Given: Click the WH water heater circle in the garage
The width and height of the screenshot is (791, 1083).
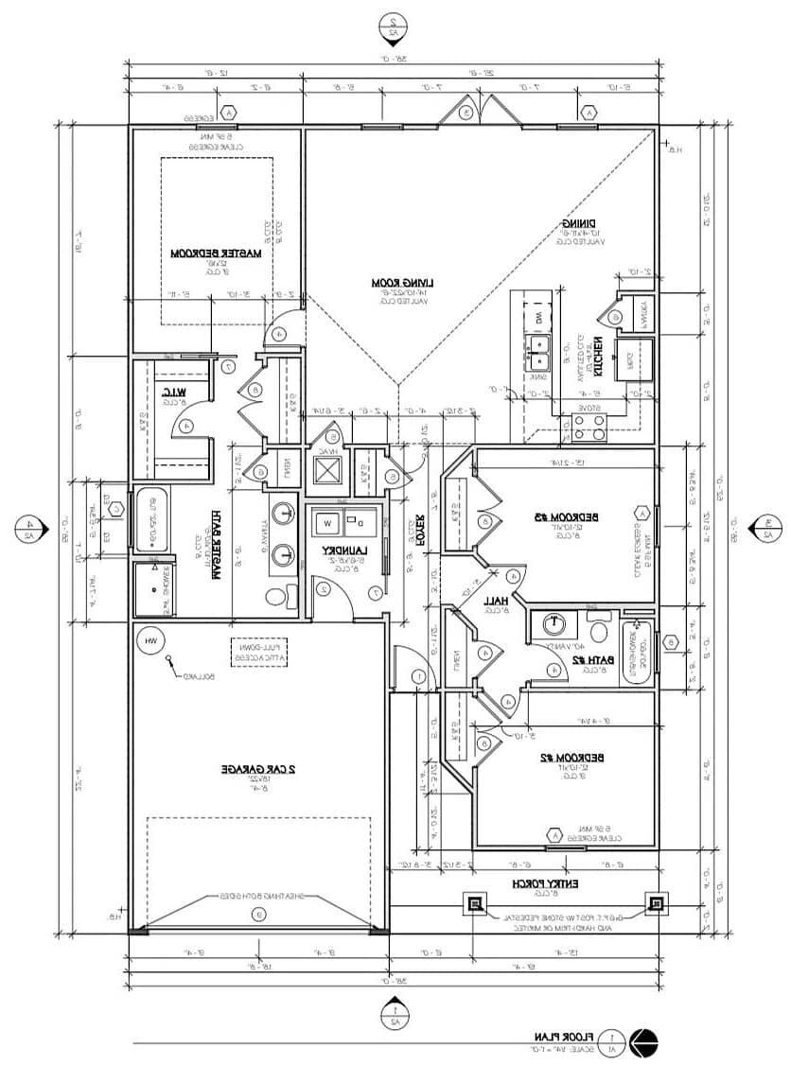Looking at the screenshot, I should tap(149, 640).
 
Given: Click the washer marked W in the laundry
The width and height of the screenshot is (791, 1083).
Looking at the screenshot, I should tap(328, 521).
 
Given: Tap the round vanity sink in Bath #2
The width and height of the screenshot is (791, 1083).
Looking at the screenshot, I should tap(552, 624).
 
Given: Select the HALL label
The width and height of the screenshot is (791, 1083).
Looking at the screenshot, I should tap(496, 600).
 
